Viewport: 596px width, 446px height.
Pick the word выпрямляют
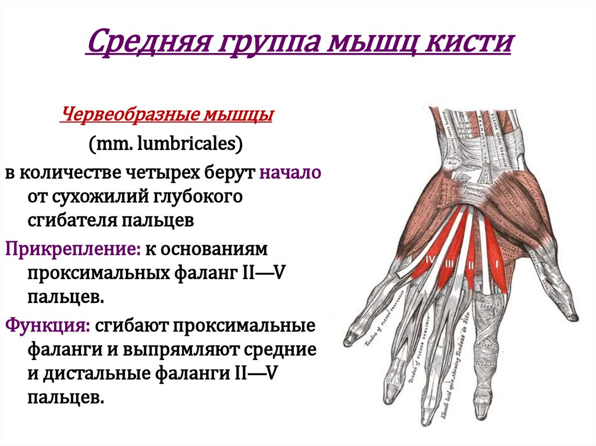coord(185,350)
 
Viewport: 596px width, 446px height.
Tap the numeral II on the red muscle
coord(469,266)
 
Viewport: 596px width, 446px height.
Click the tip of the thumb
coord(573,317)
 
